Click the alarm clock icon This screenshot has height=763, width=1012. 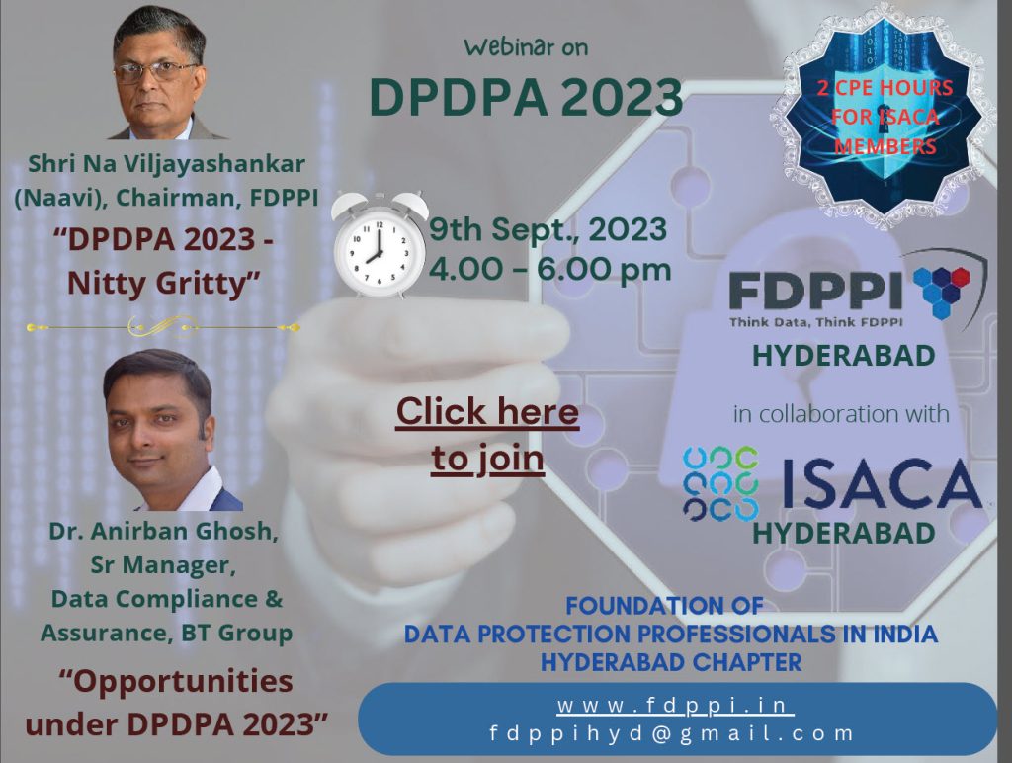point(379,245)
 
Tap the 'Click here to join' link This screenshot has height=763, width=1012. point(487,435)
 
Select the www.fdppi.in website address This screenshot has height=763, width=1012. point(675,705)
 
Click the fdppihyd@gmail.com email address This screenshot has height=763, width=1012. point(672,733)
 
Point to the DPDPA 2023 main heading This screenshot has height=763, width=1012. point(526,97)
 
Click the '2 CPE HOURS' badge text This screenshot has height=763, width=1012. point(885,87)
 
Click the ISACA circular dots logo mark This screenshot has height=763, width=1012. point(720,484)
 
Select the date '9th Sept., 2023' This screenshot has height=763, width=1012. point(548,229)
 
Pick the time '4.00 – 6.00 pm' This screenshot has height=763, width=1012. point(549,269)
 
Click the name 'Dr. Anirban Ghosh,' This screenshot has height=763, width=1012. point(164,532)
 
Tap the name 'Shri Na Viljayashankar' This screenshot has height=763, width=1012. point(166,164)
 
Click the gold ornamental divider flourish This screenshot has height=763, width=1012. point(163,327)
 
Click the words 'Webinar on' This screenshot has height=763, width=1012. point(526,47)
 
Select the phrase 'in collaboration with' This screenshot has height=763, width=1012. point(841,414)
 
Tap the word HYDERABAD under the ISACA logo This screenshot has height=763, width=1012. point(844,533)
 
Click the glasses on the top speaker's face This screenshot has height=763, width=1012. point(166,71)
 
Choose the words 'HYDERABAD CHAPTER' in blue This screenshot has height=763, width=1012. point(671,662)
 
